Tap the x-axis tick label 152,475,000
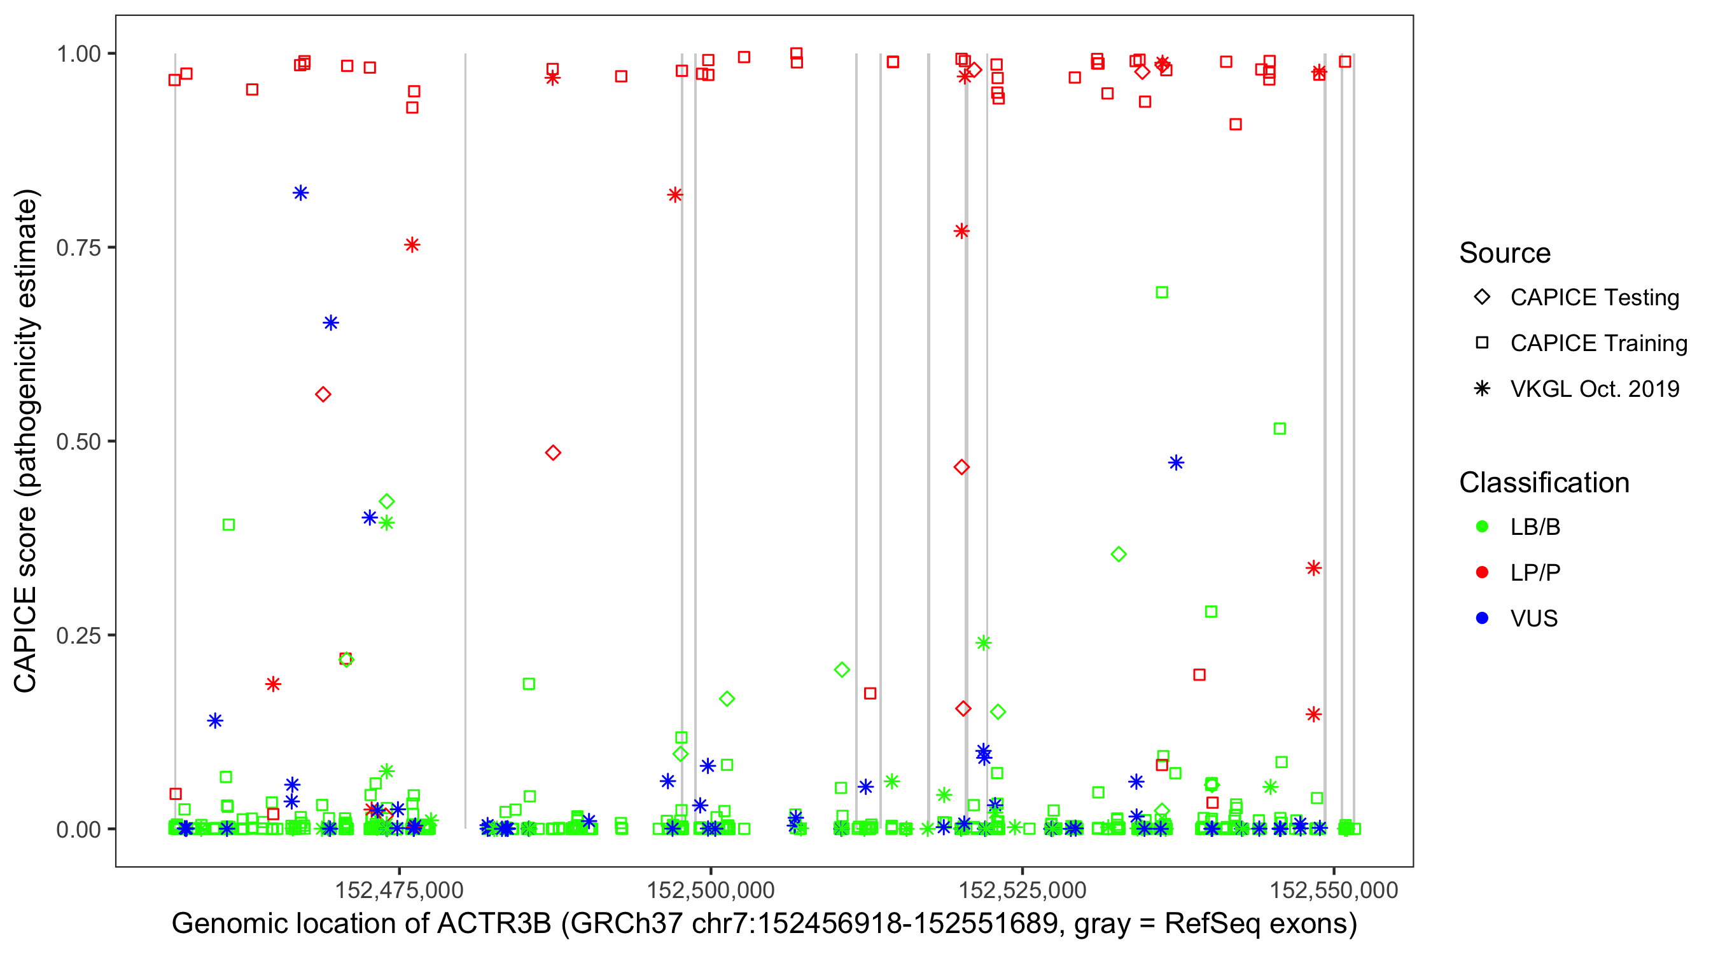[x=399, y=890]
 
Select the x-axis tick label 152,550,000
[x=1333, y=890]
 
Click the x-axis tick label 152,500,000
[x=710, y=890]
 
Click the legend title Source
[x=1505, y=253]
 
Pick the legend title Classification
[x=1544, y=483]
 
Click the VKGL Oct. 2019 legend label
[x=1595, y=389]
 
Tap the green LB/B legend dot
[x=1483, y=527]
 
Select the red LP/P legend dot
[x=1483, y=572]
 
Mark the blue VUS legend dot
[x=1483, y=619]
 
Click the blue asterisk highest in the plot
[x=301, y=193]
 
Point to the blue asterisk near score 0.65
[x=331, y=323]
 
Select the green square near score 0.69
[x=1162, y=293]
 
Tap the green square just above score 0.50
[x=1280, y=429]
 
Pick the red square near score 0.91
[x=1236, y=125]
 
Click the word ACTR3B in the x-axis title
[x=494, y=924]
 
